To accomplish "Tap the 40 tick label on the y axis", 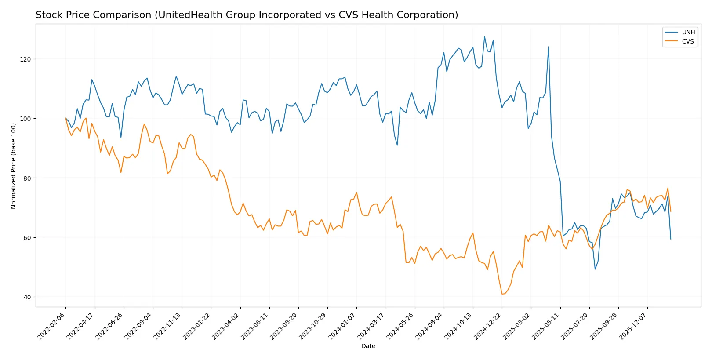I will pos(27,297).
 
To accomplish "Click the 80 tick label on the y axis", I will pos(27,178).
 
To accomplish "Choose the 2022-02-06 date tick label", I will pos(52,326).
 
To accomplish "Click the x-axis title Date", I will pos(368,346).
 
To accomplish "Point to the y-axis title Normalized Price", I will pos(14,166).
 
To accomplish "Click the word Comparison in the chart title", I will pos(124,15).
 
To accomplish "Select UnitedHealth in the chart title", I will pos(190,15).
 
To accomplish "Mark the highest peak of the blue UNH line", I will pos(484,36).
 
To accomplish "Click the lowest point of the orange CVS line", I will pos(502,294).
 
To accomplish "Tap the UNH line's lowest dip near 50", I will pos(595,269).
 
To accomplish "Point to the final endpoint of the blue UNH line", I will pos(671,239).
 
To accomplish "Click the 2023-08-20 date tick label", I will pos(284,326).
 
